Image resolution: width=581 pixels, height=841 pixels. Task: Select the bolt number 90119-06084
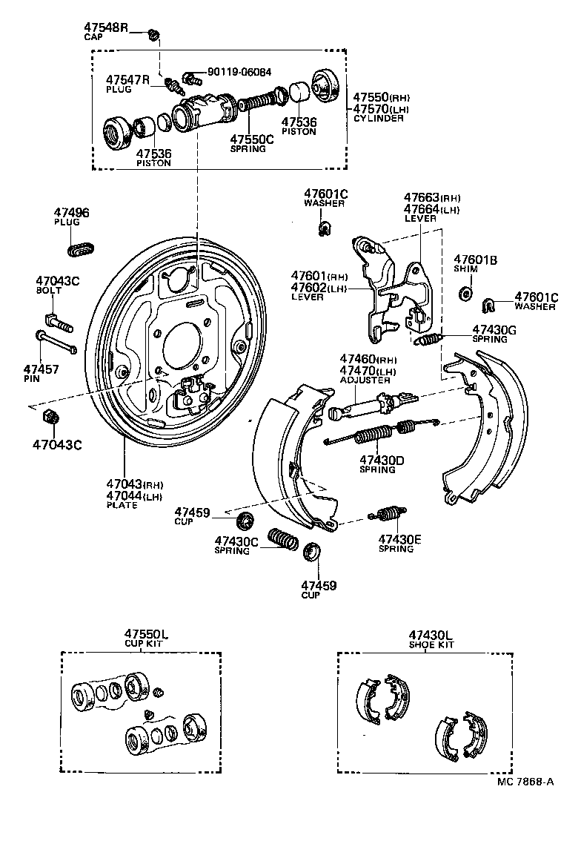pyautogui.click(x=239, y=73)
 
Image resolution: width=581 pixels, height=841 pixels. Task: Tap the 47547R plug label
pyautogui.click(x=127, y=79)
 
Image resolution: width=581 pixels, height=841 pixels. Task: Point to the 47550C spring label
pyautogui.click(x=252, y=139)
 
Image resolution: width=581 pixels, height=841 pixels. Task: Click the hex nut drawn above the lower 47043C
pyautogui.click(x=50, y=418)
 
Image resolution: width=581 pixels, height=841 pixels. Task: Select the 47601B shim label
pyautogui.click(x=475, y=260)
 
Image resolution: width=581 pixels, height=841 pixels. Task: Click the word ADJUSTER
pyautogui.click(x=365, y=380)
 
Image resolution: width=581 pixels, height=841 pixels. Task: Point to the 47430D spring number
pyautogui.click(x=382, y=460)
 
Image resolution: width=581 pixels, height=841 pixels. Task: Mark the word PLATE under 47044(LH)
pyautogui.click(x=122, y=505)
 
